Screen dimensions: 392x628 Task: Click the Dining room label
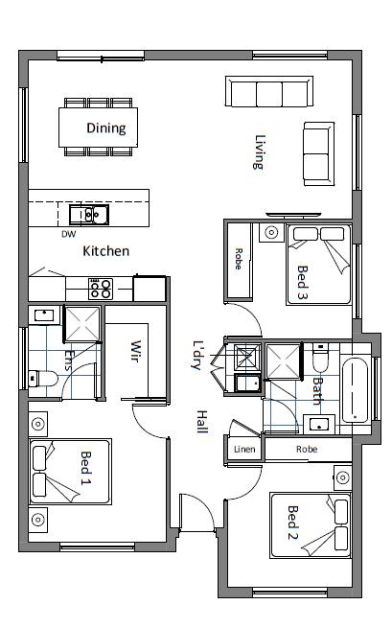(x=106, y=128)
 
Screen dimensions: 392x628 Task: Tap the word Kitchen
(x=106, y=251)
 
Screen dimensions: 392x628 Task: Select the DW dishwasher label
(x=68, y=234)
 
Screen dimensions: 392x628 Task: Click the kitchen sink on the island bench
(x=89, y=215)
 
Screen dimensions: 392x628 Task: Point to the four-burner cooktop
(x=101, y=290)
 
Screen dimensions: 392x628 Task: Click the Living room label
(x=260, y=152)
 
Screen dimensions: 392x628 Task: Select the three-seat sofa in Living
(x=269, y=91)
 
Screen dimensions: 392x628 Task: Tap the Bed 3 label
(x=302, y=283)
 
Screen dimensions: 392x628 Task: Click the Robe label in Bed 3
(x=239, y=259)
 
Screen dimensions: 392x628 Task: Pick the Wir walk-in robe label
(x=136, y=351)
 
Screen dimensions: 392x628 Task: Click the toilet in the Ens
(x=43, y=379)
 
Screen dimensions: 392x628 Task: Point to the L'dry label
(x=198, y=355)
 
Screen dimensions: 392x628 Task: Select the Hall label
(x=202, y=422)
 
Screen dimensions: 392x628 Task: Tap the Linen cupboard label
(x=244, y=450)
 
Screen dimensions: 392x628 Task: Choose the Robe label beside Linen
(x=307, y=450)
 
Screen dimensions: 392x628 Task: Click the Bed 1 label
(x=85, y=468)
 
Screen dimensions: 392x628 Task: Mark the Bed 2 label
(x=292, y=523)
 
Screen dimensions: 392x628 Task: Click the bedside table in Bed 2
(x=343, y=477)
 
